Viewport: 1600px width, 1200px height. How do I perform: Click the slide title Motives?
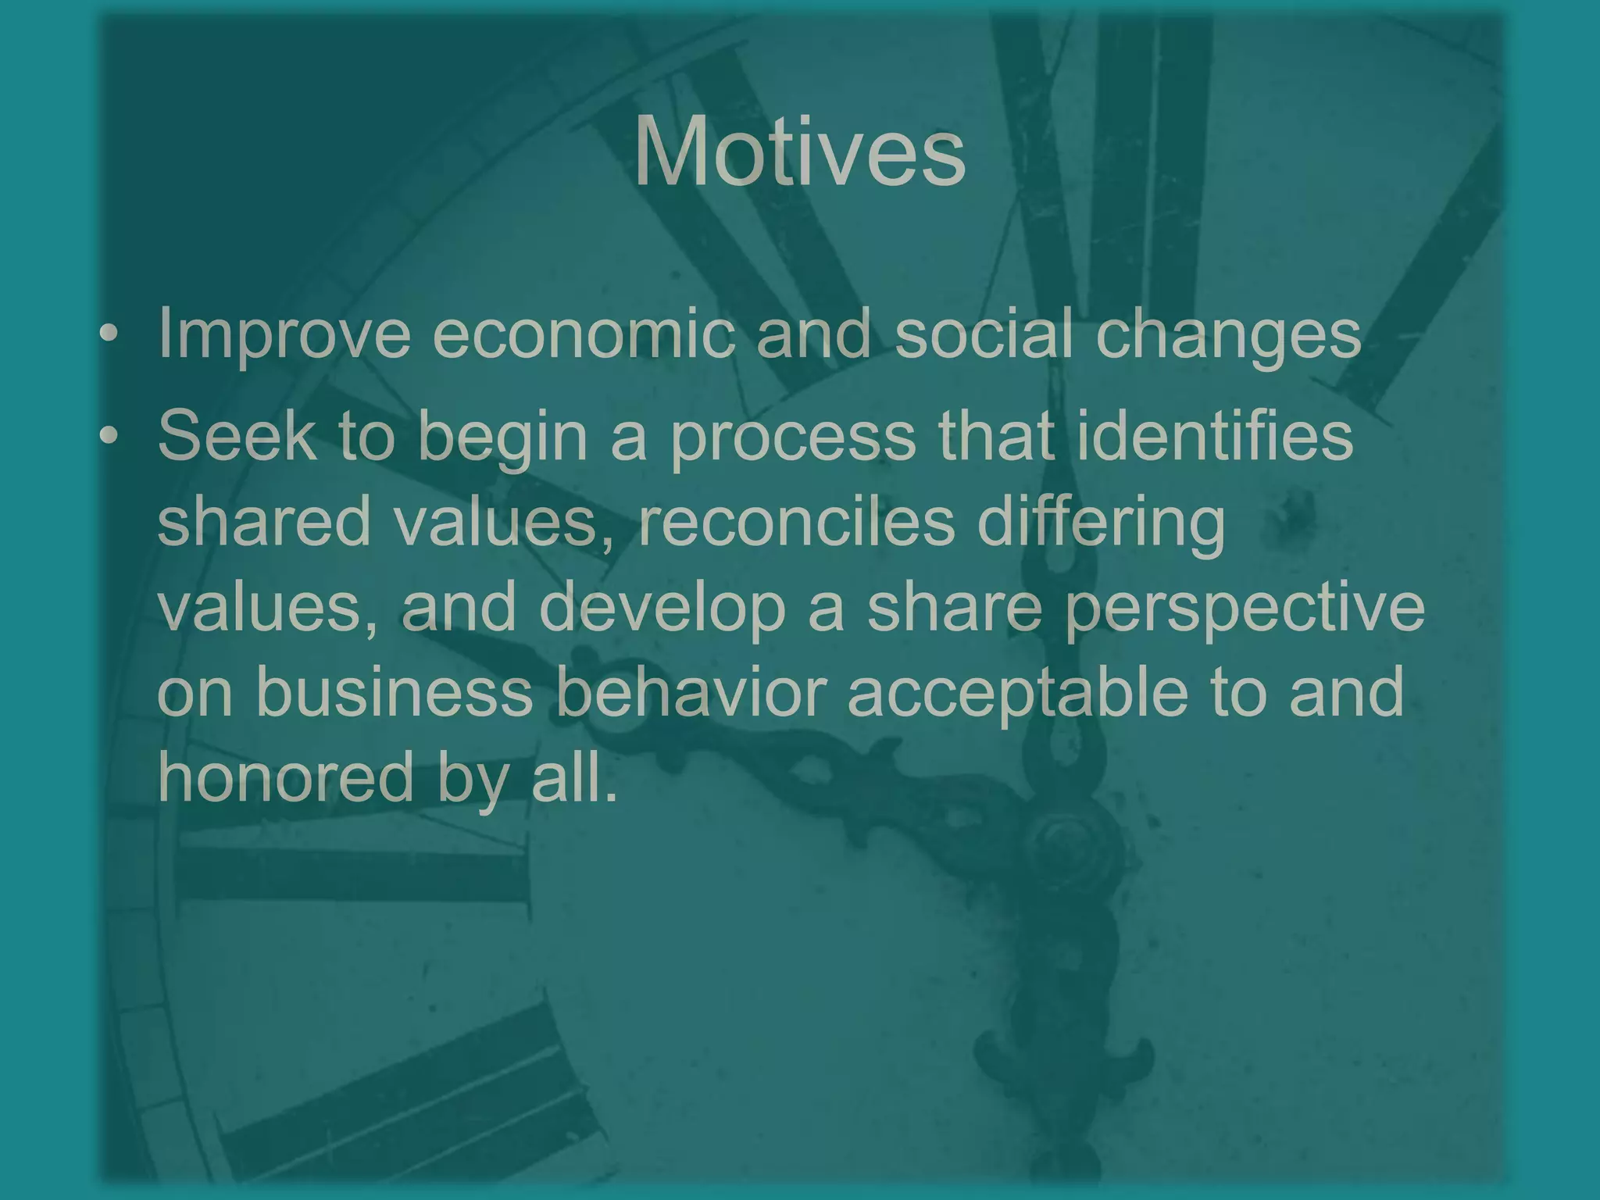pos(799,151)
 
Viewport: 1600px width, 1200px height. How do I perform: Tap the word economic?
pos(583,334)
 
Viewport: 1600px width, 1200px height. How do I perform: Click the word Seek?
pos(235,435)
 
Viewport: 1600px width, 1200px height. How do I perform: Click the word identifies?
pos(1214,435)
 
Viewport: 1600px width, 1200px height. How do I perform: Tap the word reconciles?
pos(796,521)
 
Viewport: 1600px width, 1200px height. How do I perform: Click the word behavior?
pos(691,692)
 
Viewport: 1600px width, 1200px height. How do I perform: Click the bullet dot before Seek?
pos(109,436)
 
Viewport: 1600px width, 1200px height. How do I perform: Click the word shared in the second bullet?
pos(263,521)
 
